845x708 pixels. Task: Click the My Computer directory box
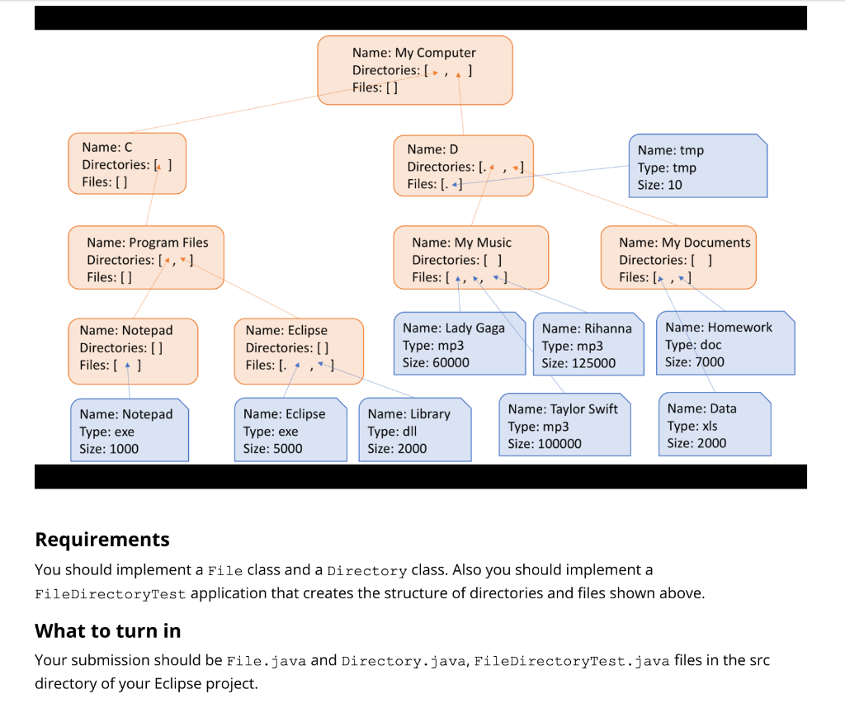tap(415, 70)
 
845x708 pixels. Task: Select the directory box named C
tap(127, 163)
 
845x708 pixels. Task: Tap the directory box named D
tap(463, 166)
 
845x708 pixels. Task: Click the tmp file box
tap(698, 167)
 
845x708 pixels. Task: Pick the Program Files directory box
tap(146, 257)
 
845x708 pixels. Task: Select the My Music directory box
tap(470, 257)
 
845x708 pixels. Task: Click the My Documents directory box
tap(677, 257)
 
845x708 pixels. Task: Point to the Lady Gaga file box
tap(459, 344)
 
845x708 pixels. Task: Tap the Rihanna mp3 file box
tap(588, 345)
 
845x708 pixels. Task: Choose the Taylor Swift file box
tap(564, 426)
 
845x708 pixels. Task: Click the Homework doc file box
tap(725, 343)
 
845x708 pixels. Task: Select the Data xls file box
tap(714, 425)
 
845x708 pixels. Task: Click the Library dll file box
tap(415, 430)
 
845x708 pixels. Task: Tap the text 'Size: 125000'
tap(578, 363)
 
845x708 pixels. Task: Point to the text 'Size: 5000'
tap(272, 449)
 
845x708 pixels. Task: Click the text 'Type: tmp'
tap(667, 168)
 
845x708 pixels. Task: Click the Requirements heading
tap(102, 540)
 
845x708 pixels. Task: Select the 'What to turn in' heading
tap(107, 630)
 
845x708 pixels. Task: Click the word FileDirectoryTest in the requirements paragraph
tap(111, 594)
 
